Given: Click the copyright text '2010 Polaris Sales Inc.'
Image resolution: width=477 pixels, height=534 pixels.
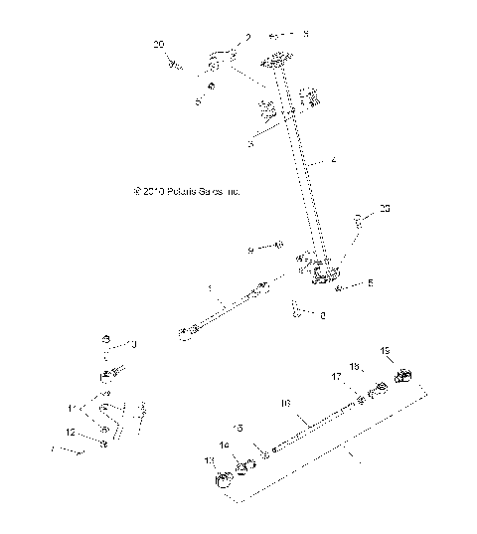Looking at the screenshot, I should coord(187,190).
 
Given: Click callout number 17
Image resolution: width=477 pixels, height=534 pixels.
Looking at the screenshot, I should coord(337,377).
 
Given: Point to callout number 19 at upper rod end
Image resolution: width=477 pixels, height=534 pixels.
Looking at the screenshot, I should coord(388,351).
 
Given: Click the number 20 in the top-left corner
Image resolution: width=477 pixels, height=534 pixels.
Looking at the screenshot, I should coord(159,45).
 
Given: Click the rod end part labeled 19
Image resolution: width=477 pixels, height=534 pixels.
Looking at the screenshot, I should coord(404,375).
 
